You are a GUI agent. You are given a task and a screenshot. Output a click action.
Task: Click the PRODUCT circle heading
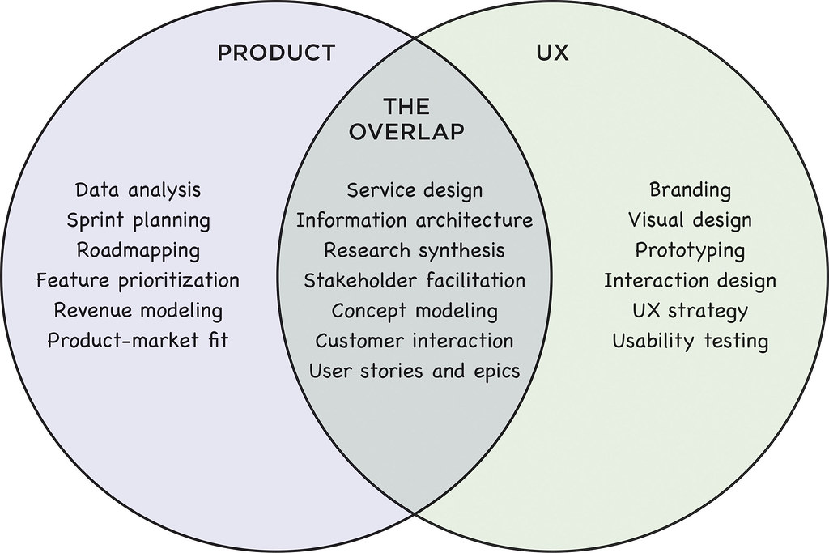coord(276,53)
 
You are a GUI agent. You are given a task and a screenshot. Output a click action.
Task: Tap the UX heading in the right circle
coord(553,53)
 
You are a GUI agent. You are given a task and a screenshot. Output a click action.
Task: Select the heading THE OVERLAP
coord(407,119)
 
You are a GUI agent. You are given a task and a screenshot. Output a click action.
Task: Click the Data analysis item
coord(138,190)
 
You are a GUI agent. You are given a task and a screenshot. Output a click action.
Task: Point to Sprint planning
coord(138,220)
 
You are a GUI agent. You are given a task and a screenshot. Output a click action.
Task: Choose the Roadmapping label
coord(138,250)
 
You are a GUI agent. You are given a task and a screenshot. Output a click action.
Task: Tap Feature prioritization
coord(138,280)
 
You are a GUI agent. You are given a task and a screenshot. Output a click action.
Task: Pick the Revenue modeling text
coord(138,310)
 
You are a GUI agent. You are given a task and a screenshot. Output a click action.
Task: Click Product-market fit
coord(138,340)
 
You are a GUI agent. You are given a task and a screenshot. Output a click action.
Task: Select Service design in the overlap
coord(414,190)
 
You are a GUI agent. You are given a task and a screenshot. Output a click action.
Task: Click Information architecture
coord(414,220)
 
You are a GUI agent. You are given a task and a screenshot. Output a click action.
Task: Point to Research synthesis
coord(414,250)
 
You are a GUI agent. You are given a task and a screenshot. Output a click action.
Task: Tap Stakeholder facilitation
coord(414,280)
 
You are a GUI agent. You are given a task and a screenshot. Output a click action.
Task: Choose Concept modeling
coord(414,310)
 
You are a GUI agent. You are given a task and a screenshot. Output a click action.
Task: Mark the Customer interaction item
coord(414,340)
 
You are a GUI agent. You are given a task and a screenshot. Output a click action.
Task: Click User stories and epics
coord(414,371)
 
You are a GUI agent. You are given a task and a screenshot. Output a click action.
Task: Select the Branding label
coord(690,190)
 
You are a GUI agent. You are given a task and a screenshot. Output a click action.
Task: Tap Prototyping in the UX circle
coord(690,250)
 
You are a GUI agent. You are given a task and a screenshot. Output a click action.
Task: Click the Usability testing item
coord(690,340)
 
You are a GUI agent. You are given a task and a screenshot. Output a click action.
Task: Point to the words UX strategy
coord(690,310)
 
